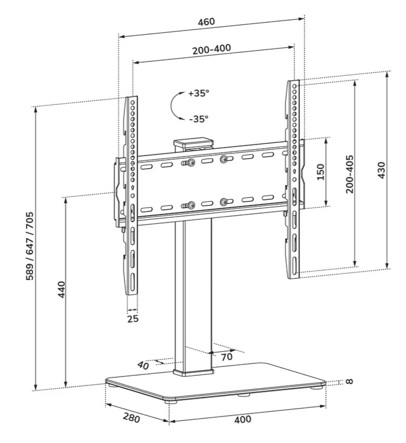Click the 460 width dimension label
(206, 22)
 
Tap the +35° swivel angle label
(199, 93)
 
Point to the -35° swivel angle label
(198, 119)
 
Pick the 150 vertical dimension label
(321, 172)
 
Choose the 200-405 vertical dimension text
(350, 174)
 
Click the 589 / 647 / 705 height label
(30, 246)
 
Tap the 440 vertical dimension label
(61, 290)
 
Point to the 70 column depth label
(227, 357)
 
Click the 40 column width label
(143, 364)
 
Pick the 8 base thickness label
(349, 381)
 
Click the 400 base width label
(243, 420)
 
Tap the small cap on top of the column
(193, 143)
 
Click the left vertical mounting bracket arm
(131, 195)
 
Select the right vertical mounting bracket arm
(293, 179)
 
